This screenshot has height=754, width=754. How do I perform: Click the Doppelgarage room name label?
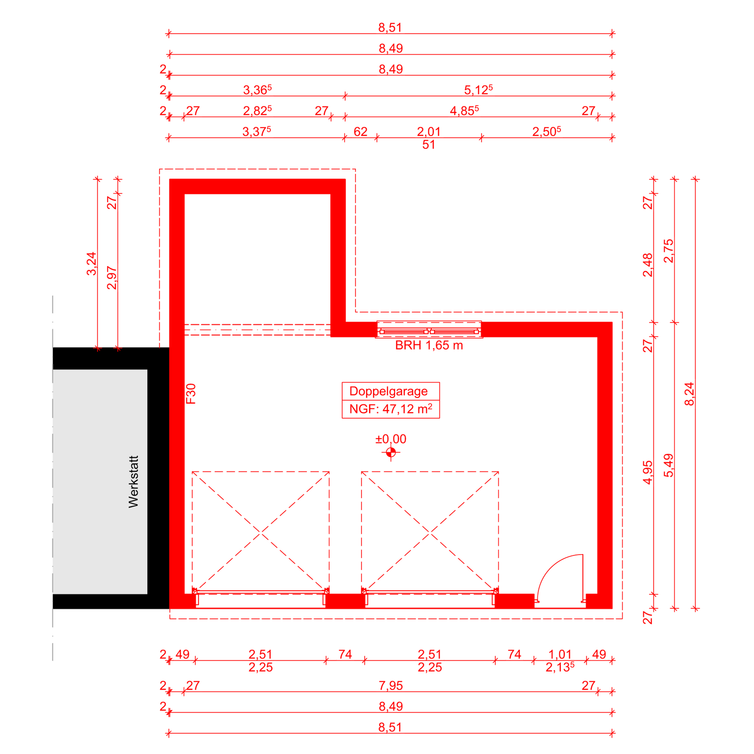(x=388, y=391)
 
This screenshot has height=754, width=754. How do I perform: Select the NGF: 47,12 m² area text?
(x=391, y=409)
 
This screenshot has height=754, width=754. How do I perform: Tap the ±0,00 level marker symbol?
(x=391, y=452)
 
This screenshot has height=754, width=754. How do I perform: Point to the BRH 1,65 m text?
(x=429, y=345)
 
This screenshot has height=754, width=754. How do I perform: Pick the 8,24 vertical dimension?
(x=689, y=394)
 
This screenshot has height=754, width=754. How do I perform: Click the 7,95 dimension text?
(x=391, y=685)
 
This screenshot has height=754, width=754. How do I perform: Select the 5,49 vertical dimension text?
(x=669, y=465)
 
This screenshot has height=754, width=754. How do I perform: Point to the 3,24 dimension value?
(x=91, y=264)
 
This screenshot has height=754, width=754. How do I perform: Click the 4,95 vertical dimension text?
(x=648, y=473)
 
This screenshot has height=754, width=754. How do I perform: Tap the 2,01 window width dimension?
(x=429, y=131)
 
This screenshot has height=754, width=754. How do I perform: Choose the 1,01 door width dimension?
(x=560, y=654)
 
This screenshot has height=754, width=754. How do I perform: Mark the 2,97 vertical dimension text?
(x=112, y=278)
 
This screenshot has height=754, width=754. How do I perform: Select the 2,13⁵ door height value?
(x=560, y=667)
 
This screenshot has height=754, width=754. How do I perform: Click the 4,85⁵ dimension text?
(x=464, y=110)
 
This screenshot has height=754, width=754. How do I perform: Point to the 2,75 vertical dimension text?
(x=669, y=251)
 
